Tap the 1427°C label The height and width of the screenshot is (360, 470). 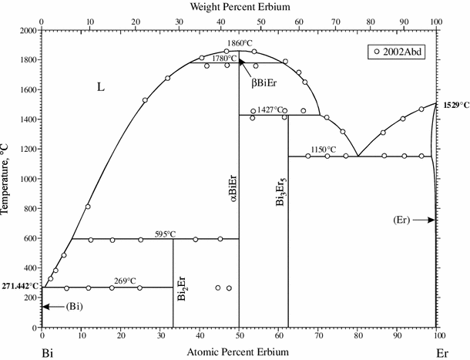click(270, 110)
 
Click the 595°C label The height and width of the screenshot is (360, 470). click(166, 234)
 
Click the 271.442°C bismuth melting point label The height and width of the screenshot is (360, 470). click(19, 284)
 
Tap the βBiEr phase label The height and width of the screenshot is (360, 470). click(264, 82)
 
